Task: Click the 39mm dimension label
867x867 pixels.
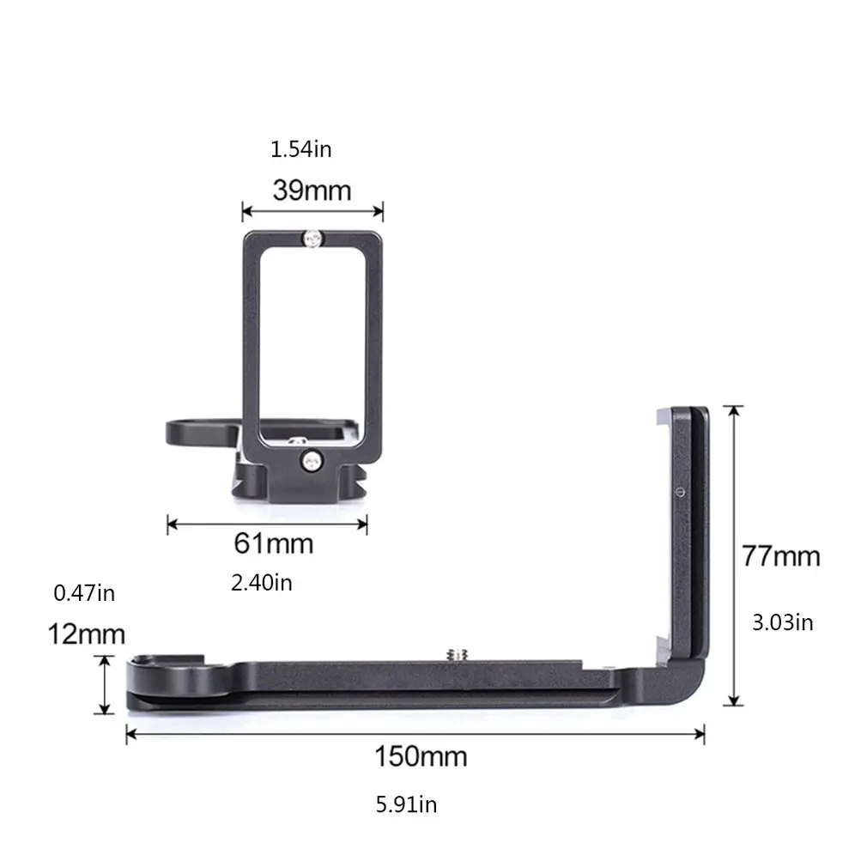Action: coord(312,191)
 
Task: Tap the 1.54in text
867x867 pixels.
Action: coord(300,149)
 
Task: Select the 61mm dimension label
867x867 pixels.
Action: coord(274,543)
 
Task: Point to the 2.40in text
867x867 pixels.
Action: coord(262,583)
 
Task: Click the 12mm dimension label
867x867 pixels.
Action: coord(86,634)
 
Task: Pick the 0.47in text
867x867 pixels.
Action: coord(84,593)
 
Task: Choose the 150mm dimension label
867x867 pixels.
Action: coord(421,756)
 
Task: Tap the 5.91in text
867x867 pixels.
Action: coord(406,804)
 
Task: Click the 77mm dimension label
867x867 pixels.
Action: coord(781,556)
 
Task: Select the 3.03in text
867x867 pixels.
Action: coord(782,622)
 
